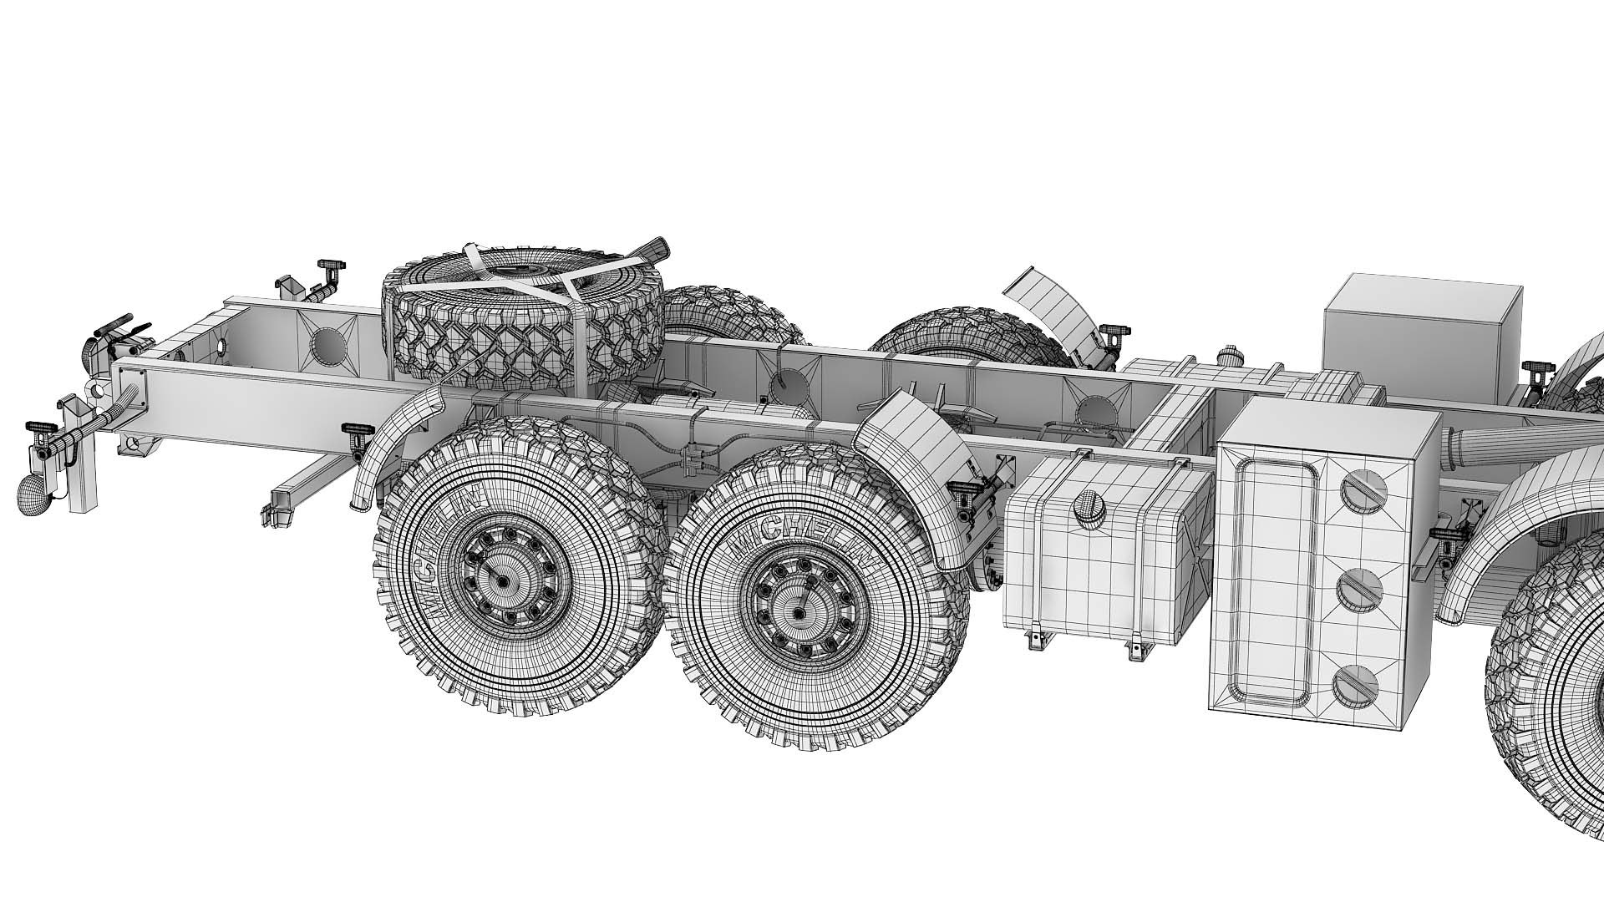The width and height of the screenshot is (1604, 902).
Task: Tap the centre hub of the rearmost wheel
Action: point(502,580)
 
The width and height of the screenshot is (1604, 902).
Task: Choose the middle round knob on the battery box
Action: point(1362,590)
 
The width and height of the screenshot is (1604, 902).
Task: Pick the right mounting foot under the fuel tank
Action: point(1136,648)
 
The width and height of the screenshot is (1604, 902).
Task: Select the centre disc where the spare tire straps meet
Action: point(521,272)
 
